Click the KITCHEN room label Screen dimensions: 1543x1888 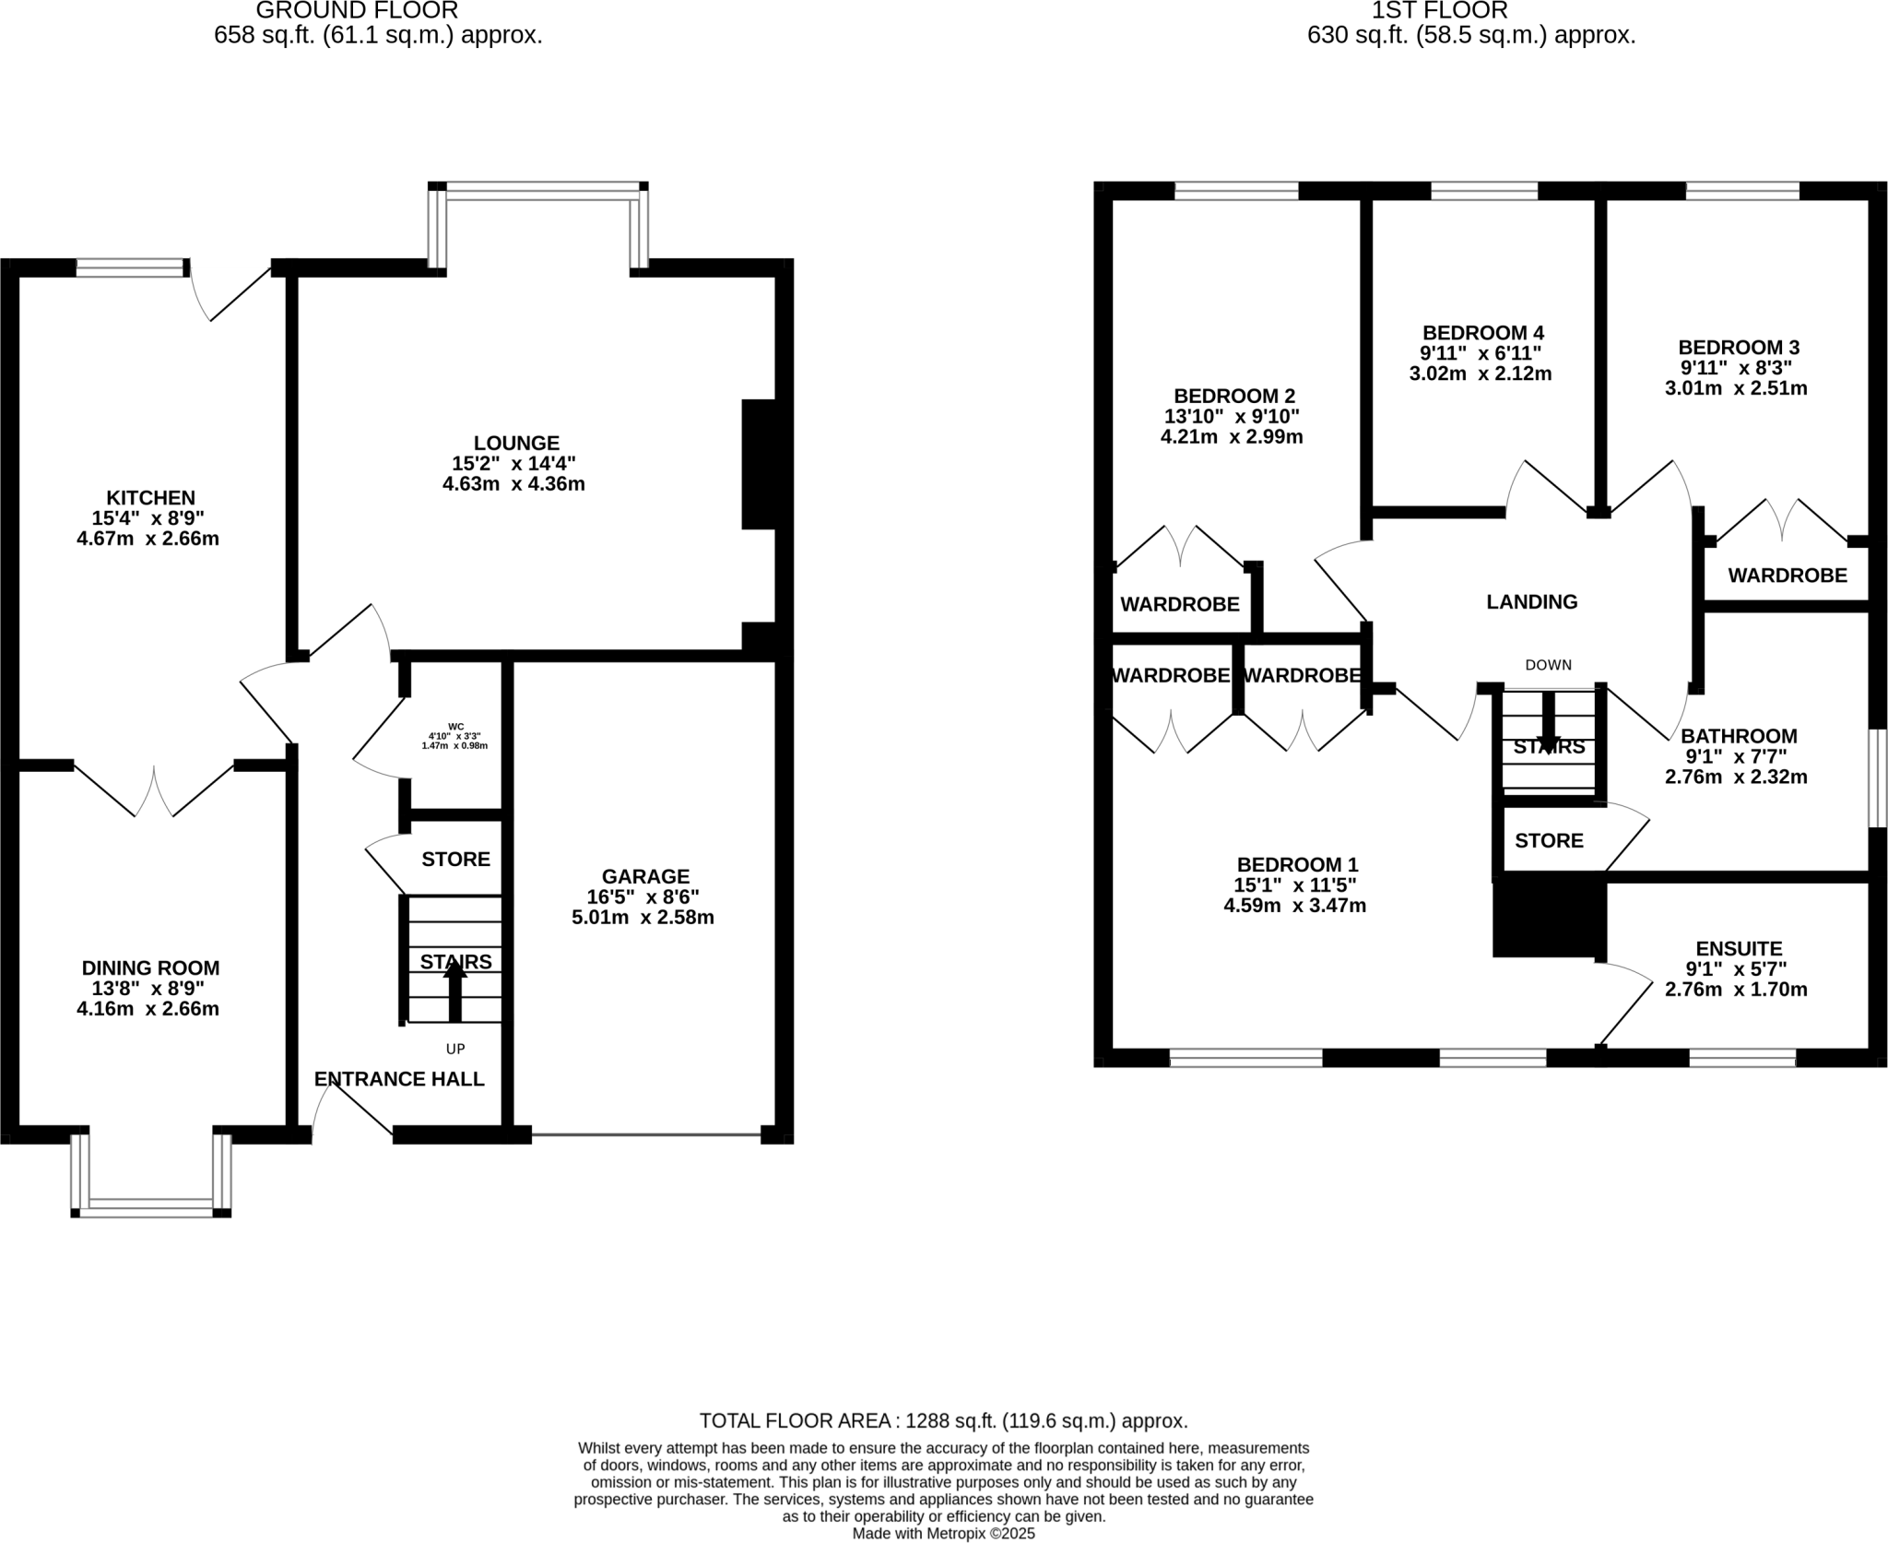click(150, 498)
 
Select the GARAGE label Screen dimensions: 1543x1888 click(645, 876)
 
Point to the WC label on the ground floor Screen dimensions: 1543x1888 click(455, 727)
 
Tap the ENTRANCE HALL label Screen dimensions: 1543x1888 click(399, 1079)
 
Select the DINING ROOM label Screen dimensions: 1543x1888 click(150, 967)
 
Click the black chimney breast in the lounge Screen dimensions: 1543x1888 click(759, 464)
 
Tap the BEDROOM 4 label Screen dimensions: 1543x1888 click(1482, 333)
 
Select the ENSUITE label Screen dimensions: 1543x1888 click(1739, 948)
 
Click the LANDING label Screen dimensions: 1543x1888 click(1531, 602)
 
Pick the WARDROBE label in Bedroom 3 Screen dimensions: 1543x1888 click(1787, 576)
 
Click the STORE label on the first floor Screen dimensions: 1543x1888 click(1549, 840)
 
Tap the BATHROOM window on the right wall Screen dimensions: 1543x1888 click(1877, 778)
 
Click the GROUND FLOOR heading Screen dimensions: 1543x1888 click(357, 11)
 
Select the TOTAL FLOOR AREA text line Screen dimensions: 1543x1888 click(943, 1421)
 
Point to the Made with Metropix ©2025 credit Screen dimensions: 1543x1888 click(943, 1534)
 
